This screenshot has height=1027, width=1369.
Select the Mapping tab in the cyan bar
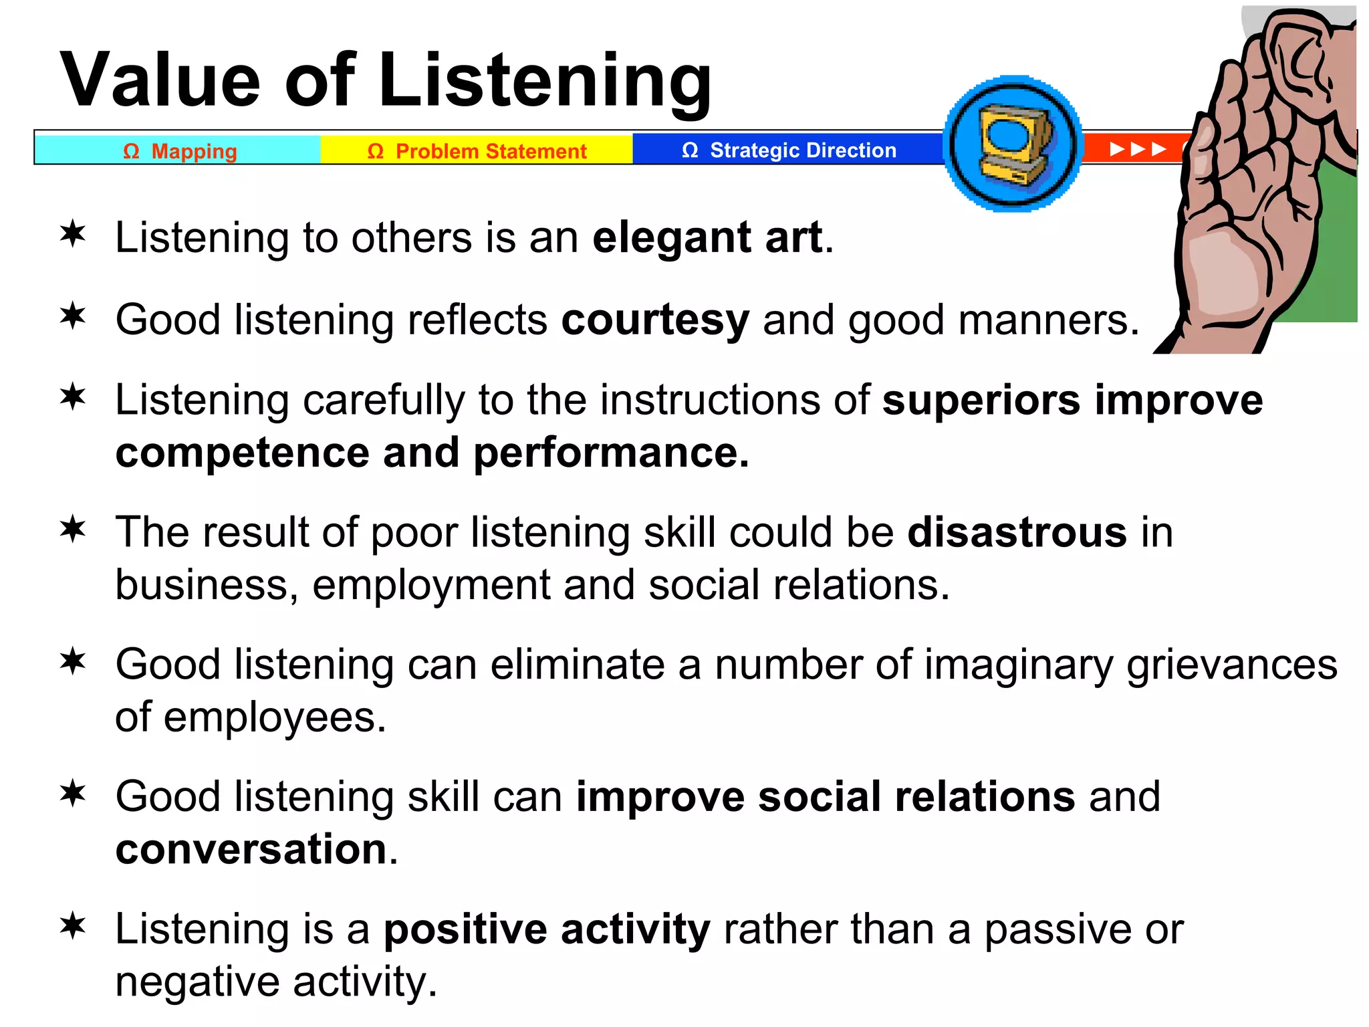pos(179,151)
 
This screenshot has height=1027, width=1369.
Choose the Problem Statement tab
pos(477,151)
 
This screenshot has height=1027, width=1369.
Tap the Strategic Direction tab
pos(789,150)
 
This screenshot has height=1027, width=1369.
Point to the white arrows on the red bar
pos(1137,149)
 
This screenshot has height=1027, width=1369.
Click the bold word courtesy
pos(655,320)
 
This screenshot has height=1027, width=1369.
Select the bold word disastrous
pos(1017,532)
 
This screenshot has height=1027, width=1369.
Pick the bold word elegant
pos(671,237)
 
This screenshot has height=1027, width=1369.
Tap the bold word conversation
pos(251,849)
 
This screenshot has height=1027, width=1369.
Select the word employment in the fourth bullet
pos(431,585)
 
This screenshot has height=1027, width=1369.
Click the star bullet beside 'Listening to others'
pos(73,235)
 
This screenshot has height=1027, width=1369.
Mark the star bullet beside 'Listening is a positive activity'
pos(73,927)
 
